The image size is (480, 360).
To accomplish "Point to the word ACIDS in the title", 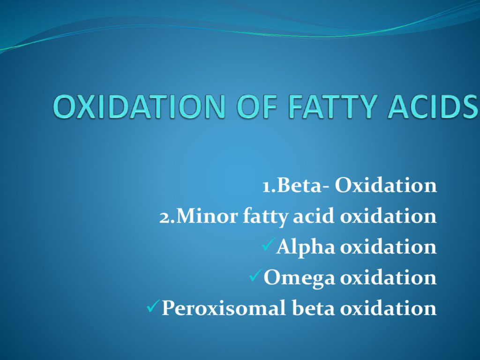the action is click(x=432, y=106).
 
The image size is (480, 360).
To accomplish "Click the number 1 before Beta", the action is click(x=267, y=186).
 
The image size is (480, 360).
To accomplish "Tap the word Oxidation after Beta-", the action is click(x=386, y=185).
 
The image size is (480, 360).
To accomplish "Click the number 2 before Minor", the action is click(x=165, y=217).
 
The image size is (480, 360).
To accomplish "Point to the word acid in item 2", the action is click(x=313, y=216).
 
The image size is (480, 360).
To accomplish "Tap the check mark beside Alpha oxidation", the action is click(x=269, y=245).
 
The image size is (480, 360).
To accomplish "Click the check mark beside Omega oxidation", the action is click(x=256, y=275).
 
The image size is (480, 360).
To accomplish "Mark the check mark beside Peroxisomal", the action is click(x=154, y=306).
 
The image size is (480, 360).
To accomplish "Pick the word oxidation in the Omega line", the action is click(x=389, y=277).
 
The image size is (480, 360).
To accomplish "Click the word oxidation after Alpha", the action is click(x=389, y=247).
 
